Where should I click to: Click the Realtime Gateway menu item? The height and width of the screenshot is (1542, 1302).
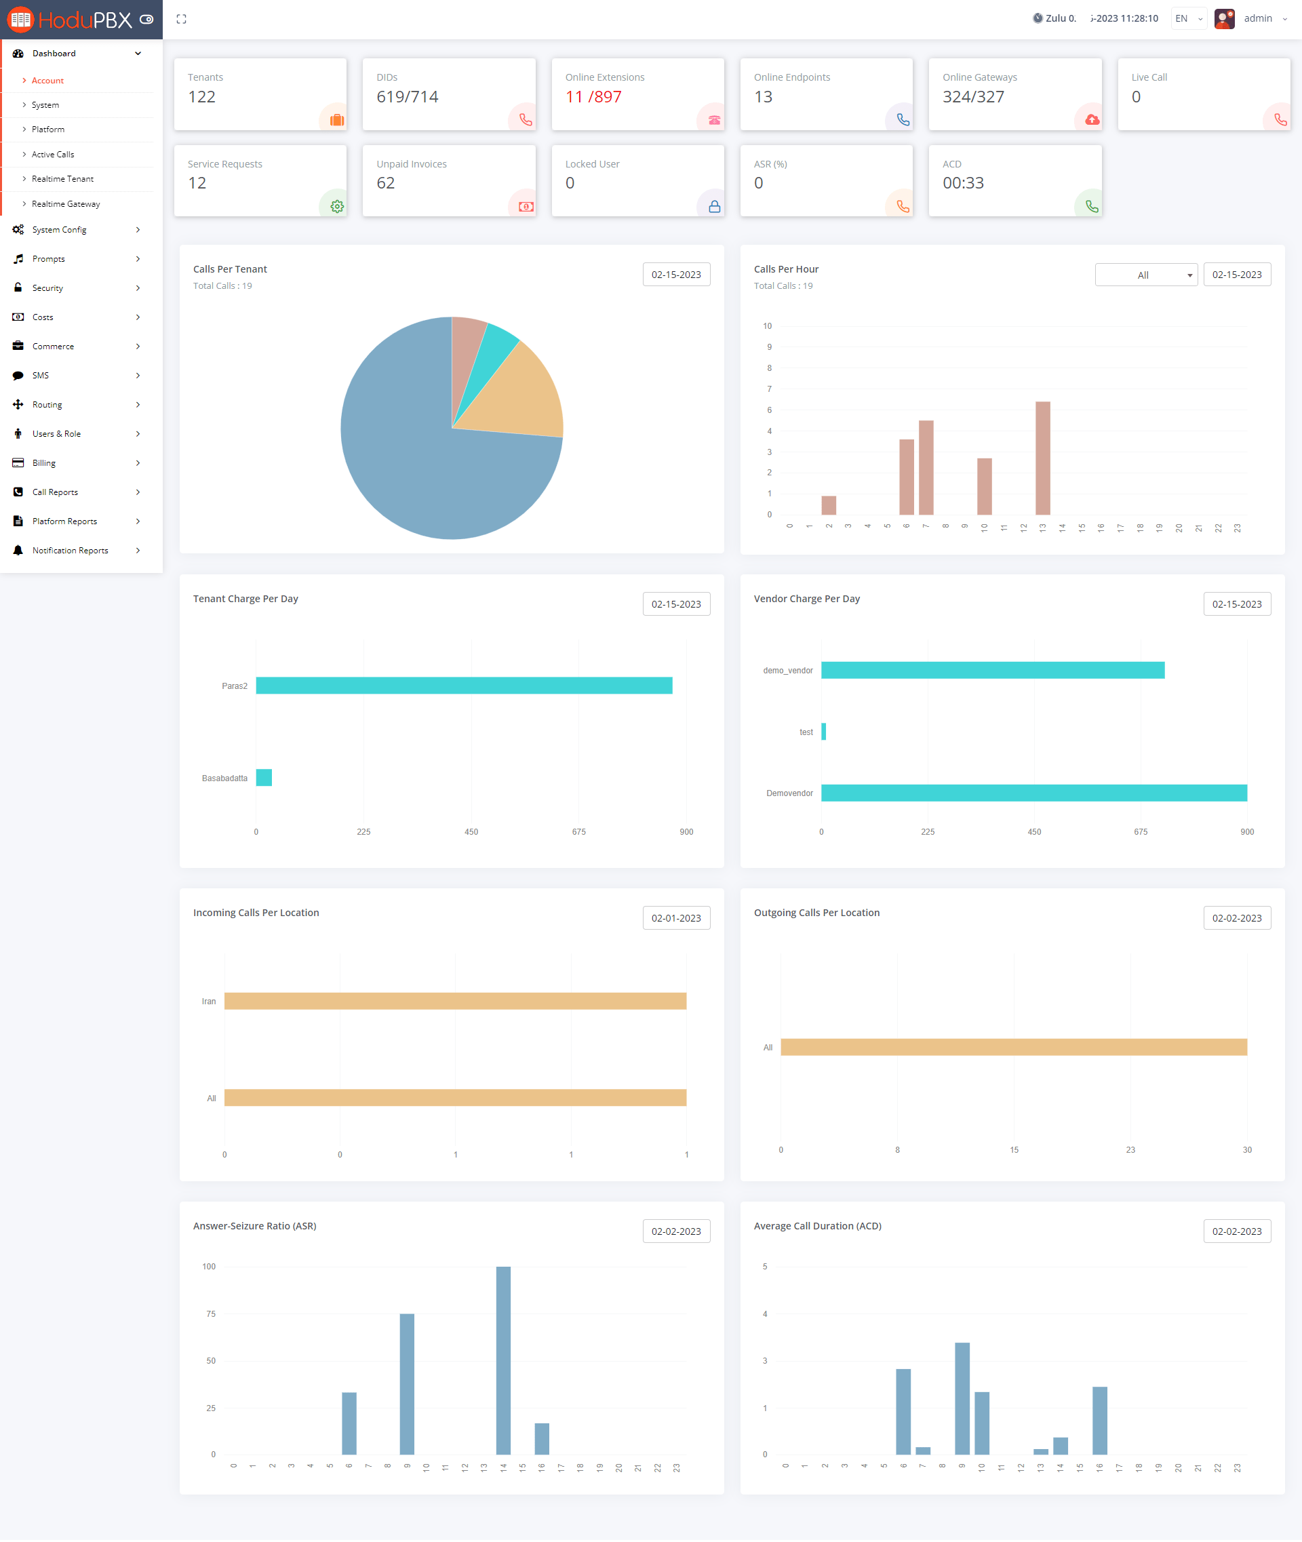coord(66,203)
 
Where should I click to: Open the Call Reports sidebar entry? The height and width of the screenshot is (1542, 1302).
coord(56,492)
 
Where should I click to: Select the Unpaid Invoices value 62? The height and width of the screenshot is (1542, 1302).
coord(385,183)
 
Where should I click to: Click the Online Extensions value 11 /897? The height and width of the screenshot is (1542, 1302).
coord(593,97)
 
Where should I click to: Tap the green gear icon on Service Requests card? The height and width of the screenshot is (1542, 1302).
coord(336,207)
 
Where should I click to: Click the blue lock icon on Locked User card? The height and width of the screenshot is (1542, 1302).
coord(714,207)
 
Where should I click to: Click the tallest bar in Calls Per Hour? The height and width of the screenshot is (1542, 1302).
coord(1042,458)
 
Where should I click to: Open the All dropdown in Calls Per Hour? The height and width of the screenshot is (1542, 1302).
coord(1145,275)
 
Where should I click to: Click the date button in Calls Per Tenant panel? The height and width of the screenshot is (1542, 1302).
coord(675,275)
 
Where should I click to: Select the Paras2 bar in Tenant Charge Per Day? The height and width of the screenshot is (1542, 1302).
coord(464,686)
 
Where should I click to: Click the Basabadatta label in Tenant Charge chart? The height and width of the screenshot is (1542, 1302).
coord(224,778)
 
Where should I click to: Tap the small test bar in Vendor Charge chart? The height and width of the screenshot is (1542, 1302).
coord(824,732)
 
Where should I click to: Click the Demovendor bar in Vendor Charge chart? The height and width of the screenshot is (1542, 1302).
coord(1033,793)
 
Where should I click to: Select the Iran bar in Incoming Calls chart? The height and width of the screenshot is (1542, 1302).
coord(454,1001)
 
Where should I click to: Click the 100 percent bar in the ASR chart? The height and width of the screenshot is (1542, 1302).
coord(503,1360)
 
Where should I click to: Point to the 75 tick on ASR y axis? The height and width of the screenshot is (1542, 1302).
coord(211,1314)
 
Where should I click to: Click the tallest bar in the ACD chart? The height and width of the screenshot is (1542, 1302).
coord(962,1398)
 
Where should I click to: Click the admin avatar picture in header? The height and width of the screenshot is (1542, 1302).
coord(1224,18)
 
